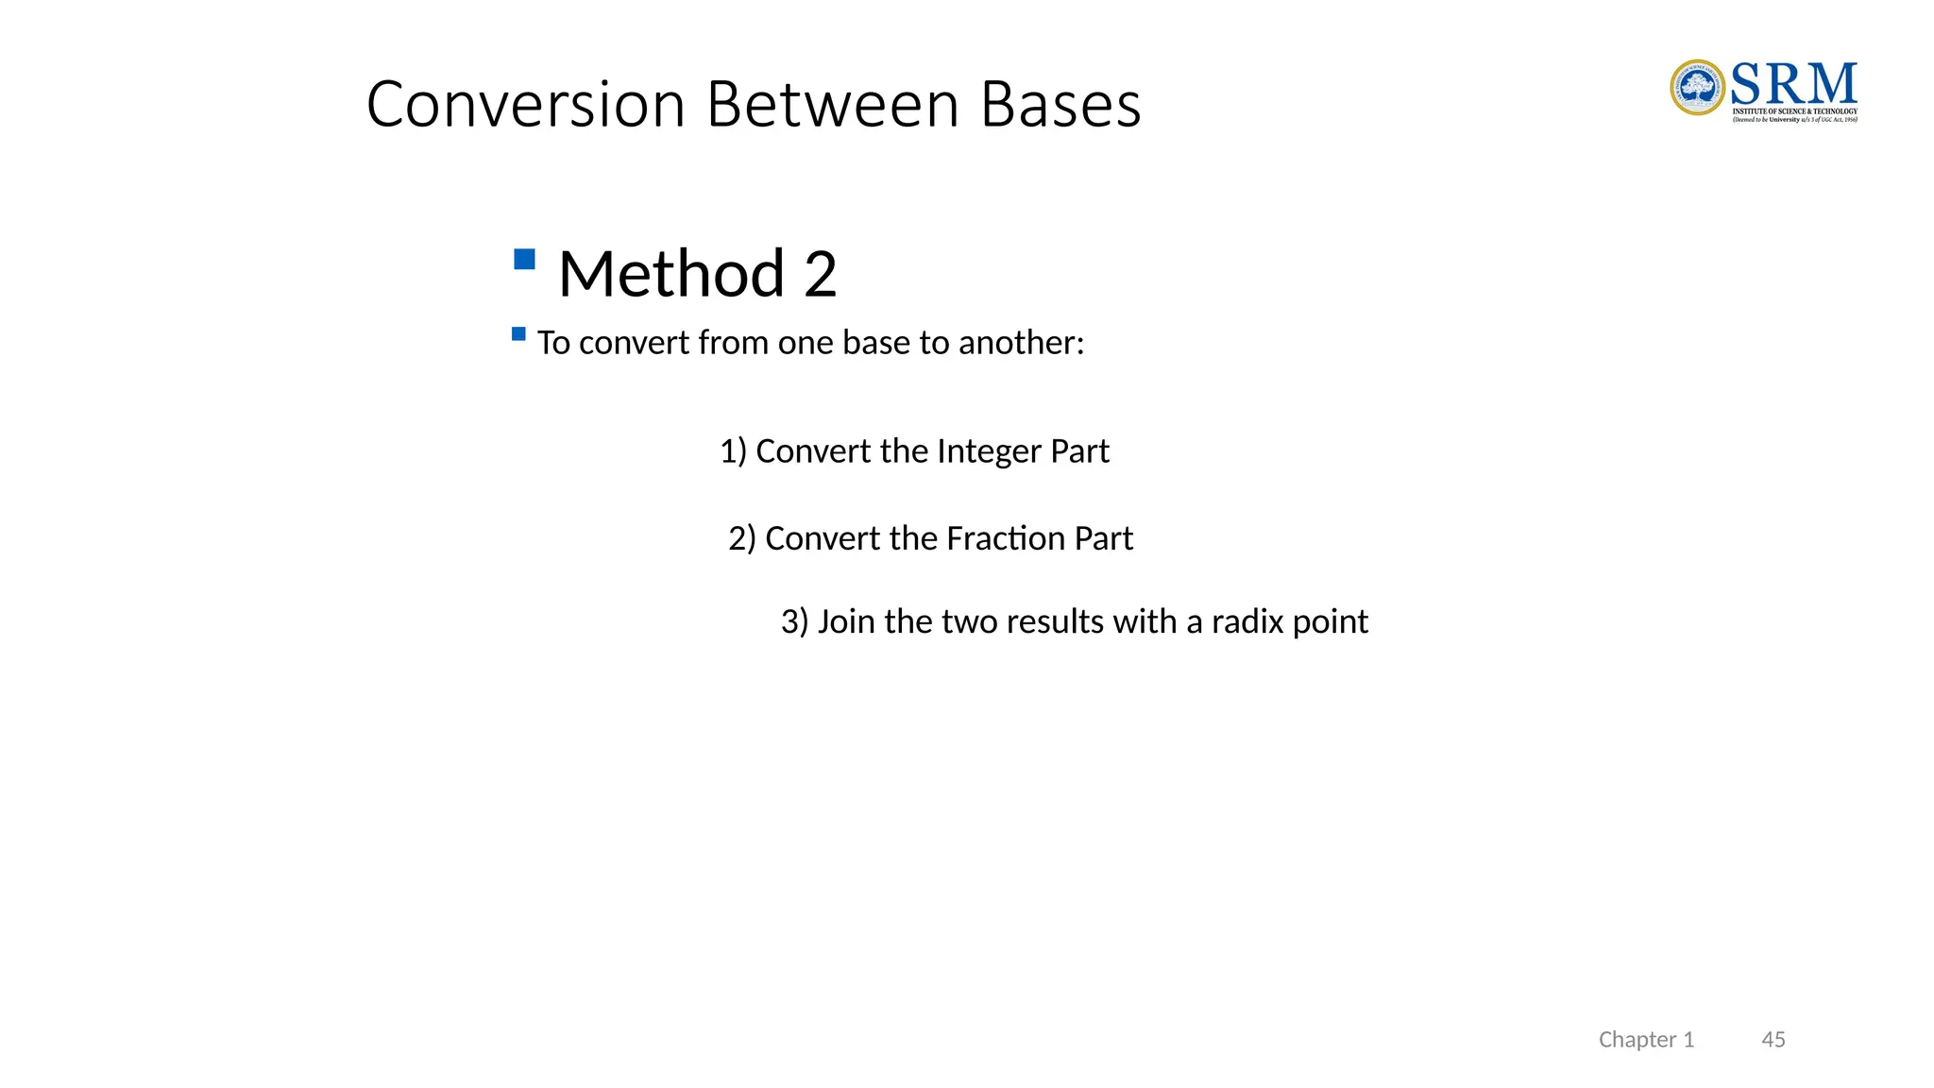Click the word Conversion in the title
click(x=525, y=104)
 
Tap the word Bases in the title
click(x=1060, y=104)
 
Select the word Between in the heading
click(x=832, y=104)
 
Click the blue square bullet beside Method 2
click(x=525, y=259)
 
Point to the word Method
click(x=671, y=274)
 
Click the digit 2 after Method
click(x=821, y=274)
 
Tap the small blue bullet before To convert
click(x=518, y=333)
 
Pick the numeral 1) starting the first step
click(x=733, y=451)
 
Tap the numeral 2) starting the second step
click(x=742, y=538)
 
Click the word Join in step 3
click(x=846, y=621)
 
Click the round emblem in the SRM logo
click(x=1698, y=88)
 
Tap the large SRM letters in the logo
click(x=1793, y=84)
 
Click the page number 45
click(x=1773, y=1040)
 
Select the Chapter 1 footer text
click(x=1646, y=1040)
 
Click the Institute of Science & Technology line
click(x=1794, y=111)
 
